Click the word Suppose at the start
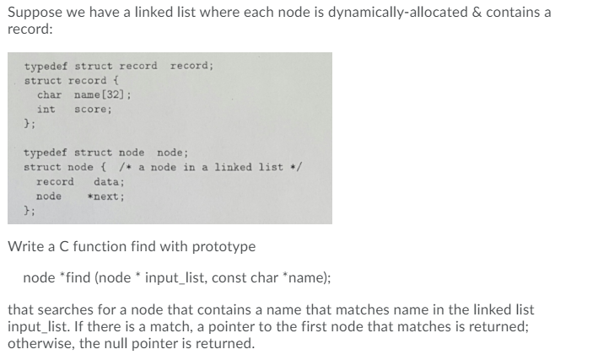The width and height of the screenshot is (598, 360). tap(33, 13)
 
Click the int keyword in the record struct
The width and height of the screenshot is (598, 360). tap(46, 110)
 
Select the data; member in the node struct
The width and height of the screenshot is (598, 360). tap(109, 181)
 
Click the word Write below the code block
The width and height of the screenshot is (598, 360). tap(24, 247)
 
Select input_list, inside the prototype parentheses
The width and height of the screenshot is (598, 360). tap(179, 277)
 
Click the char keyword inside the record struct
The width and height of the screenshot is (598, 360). tap(50, 95)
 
